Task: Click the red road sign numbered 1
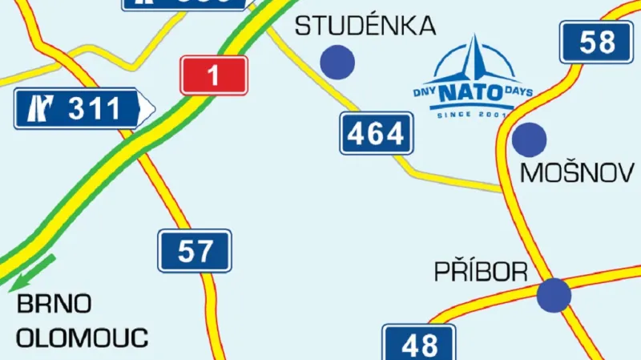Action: tap(212, 76)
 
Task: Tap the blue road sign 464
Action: tap(375, 133)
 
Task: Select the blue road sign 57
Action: tap(196, 251)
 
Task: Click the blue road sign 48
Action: tap(418, 345)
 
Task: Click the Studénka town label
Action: tap(365, 26)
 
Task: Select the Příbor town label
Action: tap(481, 272)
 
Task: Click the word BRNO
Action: tap(54, 305)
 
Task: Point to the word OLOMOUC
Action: tap(83, 338)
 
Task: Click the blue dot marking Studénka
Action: tap(337, 61)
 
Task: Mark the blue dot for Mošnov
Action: tap(529, 140)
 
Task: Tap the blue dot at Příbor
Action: tap(554, 294)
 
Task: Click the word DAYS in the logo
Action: tap(519, 92)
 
